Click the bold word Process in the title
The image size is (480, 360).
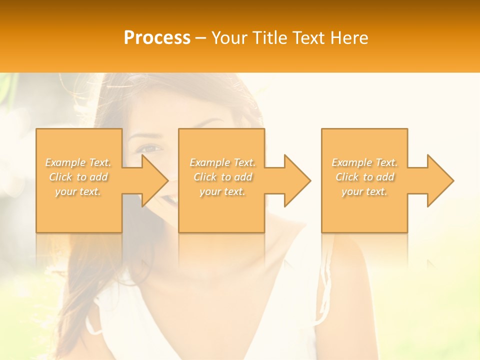point(157,38)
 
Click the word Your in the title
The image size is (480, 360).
point(230,38)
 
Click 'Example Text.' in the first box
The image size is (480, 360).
point(78,162)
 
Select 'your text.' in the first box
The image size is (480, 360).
point(78,191)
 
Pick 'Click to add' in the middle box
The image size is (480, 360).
point(222,177)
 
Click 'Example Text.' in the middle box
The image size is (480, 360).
point(222,162)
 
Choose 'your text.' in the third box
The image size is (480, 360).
point(364,191)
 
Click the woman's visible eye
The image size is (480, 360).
point(149,148)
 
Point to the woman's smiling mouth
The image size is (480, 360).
point(171,199)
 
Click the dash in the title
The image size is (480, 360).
point(201,38)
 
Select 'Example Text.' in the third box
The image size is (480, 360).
point(364,162)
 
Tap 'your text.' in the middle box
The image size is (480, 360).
point(222,191)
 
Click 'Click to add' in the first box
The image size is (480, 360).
point(78,177)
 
